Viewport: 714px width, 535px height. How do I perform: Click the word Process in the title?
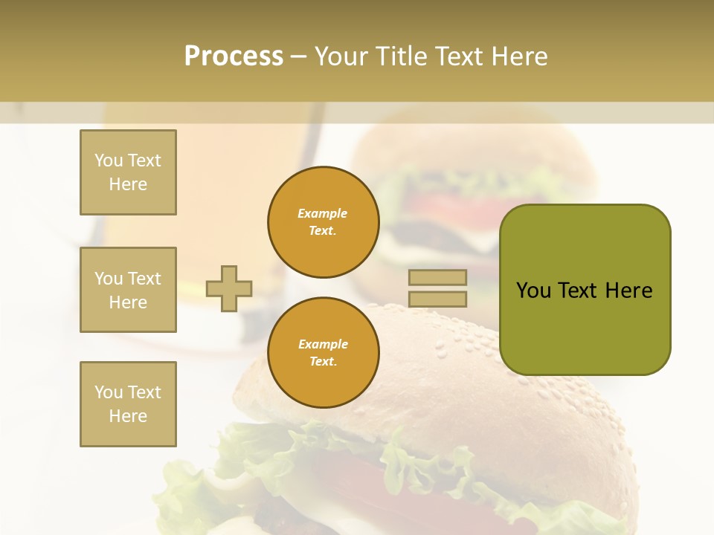tap(234, 56)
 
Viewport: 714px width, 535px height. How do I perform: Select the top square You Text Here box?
tap(128, 172)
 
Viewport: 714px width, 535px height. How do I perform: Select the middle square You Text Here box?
tap(128, 290)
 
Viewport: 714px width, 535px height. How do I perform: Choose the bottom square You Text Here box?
tap(128, 404)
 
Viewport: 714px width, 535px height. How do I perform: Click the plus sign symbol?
tap(229, 288)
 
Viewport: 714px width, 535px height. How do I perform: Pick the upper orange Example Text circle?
tap(324, 222)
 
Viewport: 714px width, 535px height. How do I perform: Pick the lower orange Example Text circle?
tap(324, 353)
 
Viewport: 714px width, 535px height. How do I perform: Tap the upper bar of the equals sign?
tap(437, 277)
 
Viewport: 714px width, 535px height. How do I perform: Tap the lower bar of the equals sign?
tap(437, 299)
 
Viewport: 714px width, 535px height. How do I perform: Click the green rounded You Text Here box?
tap(585, 290)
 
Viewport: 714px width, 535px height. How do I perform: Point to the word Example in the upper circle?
tap(323, 213)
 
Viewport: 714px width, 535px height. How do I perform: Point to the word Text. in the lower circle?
tap(323, 362)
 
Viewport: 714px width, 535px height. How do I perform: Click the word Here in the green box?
tap(628, 291)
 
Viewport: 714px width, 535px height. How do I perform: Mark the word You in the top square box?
tap(109, 160)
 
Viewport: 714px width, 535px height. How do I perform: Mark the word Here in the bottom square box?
tap(128, 416)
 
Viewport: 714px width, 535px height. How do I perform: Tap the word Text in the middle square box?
tap(144, 279)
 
